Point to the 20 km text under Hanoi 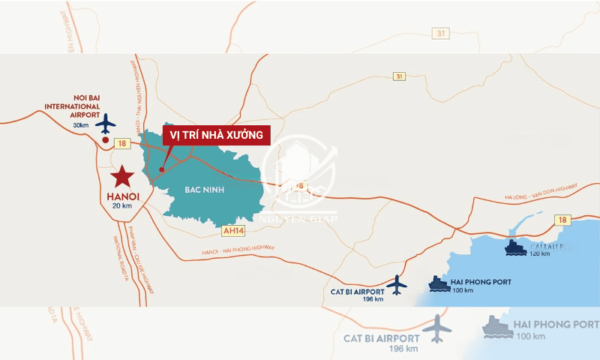point(121,206)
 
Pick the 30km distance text point(81,125)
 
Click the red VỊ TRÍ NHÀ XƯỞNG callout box point(216,136)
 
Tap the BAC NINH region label point(201,190)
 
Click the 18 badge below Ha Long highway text point(562,220)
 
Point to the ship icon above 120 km point(516,246)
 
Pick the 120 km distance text point(539,253)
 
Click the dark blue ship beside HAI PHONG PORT point(439,283)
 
